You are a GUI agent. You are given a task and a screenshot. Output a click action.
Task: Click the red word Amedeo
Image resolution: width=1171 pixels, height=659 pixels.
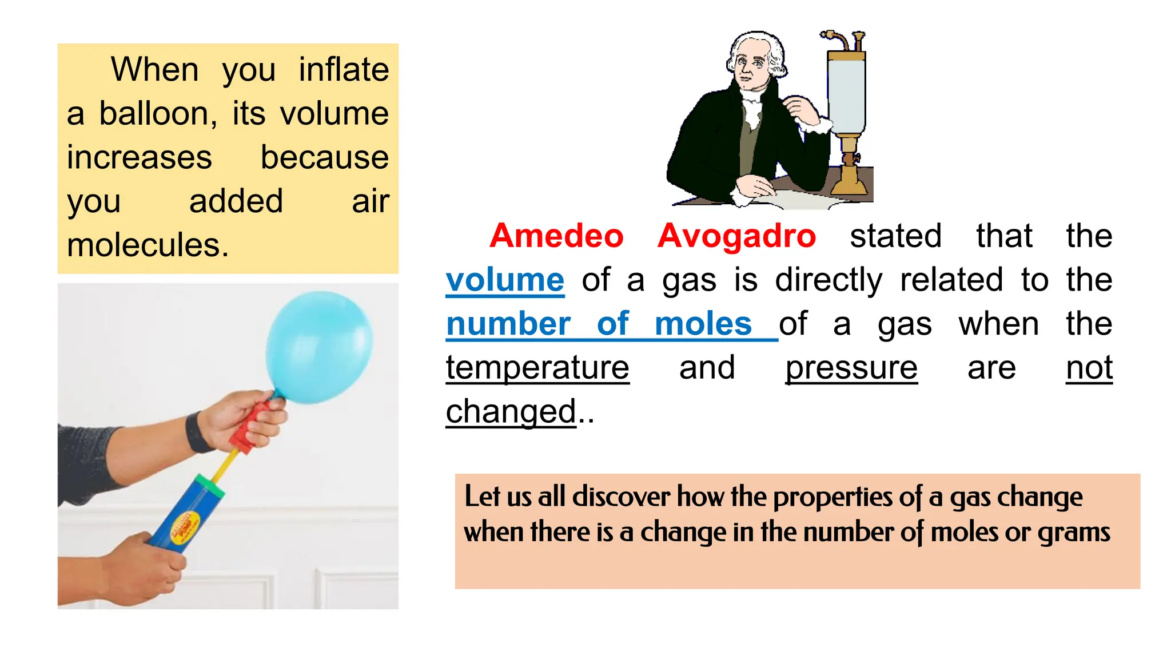click(x=556, y=236)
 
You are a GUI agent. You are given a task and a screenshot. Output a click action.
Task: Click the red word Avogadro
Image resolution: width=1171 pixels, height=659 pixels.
click(x=736, y=236)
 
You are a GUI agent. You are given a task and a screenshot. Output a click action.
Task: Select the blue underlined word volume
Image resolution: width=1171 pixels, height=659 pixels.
click(x=505, y=280)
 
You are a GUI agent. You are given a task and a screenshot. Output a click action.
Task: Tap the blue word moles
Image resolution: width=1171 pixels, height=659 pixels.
click(x=703, y=324)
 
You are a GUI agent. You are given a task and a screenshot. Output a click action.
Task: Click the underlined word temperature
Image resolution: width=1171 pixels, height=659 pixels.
click(x=537, y=368)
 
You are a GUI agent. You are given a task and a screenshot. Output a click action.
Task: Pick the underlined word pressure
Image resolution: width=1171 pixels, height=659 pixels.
click(x=851, y=368)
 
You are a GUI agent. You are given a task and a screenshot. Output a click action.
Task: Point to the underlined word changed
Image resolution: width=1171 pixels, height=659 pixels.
click(x=511, y=412)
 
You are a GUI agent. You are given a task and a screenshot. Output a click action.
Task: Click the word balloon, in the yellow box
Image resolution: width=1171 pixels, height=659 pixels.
click(x=158, y=114)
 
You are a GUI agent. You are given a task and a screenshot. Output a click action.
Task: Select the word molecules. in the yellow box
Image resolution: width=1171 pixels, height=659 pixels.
click(x=148, y=245)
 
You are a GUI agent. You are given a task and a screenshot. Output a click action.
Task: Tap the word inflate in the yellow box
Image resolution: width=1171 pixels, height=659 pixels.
click(x=344, y=70)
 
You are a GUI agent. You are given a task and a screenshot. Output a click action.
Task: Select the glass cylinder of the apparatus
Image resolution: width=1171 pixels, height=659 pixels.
click(x=846, y=94)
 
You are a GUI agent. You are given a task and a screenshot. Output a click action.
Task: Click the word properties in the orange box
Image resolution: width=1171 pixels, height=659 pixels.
click(x=832, y=497)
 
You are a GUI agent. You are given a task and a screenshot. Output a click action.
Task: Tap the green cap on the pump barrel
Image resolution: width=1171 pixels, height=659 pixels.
click(x=209, y=486)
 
